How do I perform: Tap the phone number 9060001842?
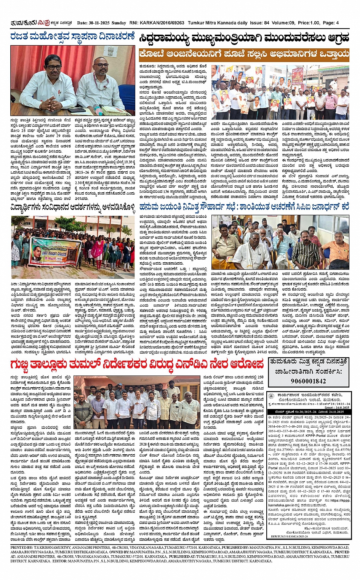tap(308, 381)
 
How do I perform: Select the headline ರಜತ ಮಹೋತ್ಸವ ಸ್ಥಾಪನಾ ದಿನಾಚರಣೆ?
tap(72, 37)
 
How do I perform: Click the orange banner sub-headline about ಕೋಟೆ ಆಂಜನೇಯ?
tap(244, 54)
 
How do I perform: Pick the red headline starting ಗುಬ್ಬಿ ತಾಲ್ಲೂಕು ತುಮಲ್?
tap(137, 364)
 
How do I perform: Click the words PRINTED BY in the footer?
tap(21, 547)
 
